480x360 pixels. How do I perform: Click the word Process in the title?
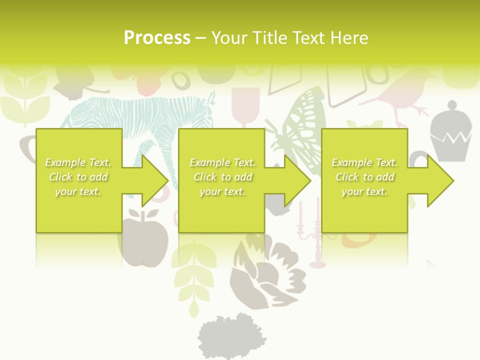coord(157,38)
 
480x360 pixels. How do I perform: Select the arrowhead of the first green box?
coord(152,180)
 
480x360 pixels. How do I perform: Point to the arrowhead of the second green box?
coord(295,180)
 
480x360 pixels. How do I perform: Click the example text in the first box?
coord(78,177)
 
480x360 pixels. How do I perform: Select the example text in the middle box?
coord(222,177)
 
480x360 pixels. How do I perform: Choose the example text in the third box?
coord(364,177)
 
